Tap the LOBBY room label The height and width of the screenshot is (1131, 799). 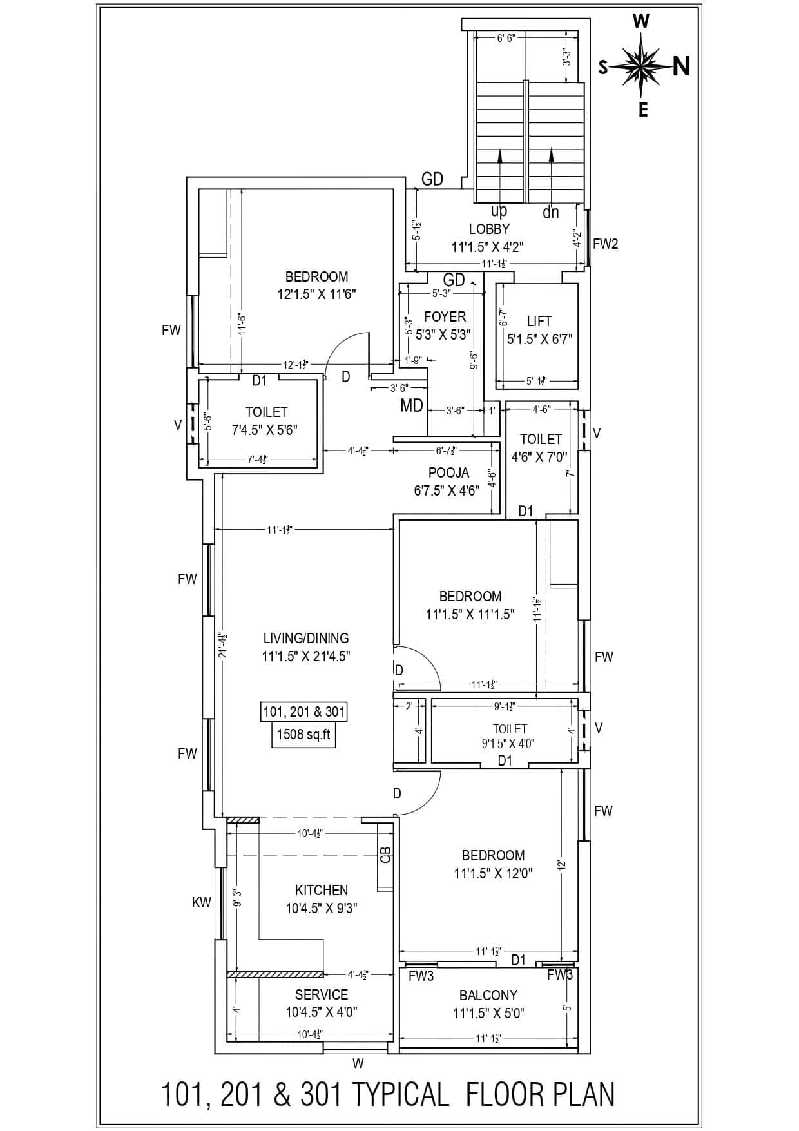pos(489,229)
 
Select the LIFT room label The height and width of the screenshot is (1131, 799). pos(539,321)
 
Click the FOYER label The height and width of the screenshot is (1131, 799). pos(445,317)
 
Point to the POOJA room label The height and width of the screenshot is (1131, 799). pos(448,473)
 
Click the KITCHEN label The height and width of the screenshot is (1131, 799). pos(322,890)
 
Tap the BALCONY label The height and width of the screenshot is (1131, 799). pos(488,995)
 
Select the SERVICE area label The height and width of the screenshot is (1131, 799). pos(322,994)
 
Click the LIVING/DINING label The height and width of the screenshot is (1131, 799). pos(306,638)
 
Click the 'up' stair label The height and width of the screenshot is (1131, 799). pos(499,211)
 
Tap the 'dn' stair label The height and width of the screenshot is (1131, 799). pos(550,212)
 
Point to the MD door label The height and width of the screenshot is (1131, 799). pos(412,405)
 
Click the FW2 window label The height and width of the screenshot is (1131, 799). pos(605,244)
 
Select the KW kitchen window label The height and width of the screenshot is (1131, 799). pos(201,903)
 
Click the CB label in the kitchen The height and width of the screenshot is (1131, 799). pos(386,855)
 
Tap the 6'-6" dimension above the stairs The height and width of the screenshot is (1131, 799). pos(506,38)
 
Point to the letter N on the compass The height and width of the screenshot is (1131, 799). pos(681,66)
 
